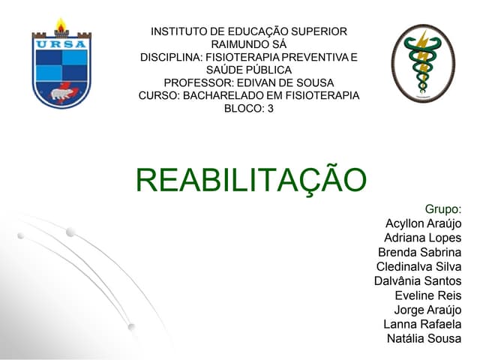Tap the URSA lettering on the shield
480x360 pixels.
(61, 43)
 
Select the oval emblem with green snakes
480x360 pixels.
(423, 63)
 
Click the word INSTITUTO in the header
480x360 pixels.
(178, 31)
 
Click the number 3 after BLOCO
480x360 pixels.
(270, 108)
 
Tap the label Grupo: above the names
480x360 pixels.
(442, 208)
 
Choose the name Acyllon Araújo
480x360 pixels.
(423, 223)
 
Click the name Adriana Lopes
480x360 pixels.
(422, 238)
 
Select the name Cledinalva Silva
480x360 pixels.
(418, 266)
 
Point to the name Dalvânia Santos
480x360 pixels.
(418, 280)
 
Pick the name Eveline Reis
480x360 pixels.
(427, 295)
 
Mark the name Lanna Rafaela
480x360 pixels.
(422, 324)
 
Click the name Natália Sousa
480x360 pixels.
(424, 338)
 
